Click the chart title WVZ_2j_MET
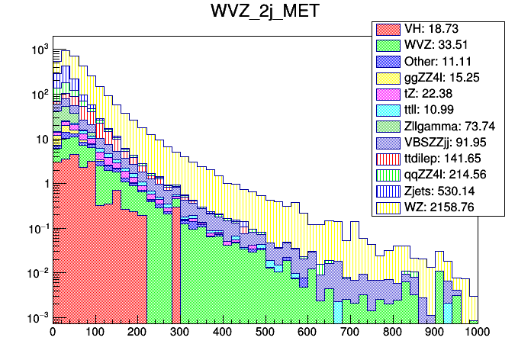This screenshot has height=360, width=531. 265,14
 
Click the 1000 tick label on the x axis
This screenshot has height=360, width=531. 477,333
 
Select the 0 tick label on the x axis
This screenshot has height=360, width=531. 53,333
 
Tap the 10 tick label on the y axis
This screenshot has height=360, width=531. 40,139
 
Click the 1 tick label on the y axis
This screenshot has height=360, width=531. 43,184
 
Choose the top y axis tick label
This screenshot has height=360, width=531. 38,50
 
